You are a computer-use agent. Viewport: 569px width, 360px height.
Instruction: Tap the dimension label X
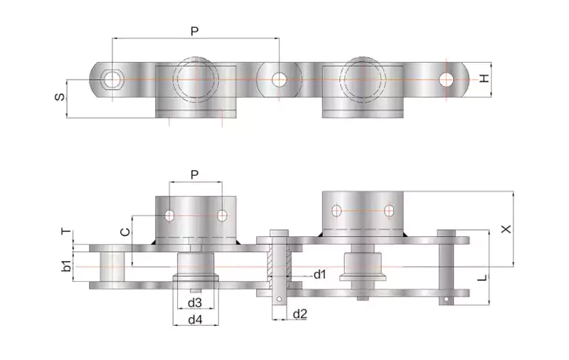506,229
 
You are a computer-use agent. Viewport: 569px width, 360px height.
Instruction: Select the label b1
65,266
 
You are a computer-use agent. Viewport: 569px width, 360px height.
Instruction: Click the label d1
320,274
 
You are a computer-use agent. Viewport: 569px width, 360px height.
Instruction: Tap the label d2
300,314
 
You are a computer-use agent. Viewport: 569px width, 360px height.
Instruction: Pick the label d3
194,303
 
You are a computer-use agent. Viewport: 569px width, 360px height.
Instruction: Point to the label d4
195,319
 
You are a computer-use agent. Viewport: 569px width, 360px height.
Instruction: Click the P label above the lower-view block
196,174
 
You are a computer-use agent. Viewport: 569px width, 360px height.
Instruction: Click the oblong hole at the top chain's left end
112,79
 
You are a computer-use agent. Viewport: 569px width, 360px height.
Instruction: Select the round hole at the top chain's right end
446,79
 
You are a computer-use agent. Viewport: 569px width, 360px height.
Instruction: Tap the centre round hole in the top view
278,79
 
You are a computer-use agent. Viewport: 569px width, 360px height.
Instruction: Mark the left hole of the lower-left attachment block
169,215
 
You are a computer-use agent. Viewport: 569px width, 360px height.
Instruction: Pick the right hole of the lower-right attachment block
388,211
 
